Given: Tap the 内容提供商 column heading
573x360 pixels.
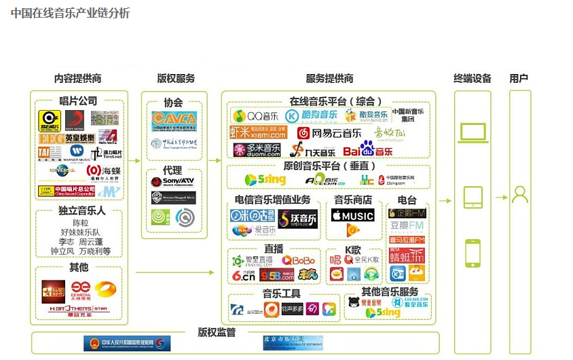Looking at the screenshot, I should [x=77, y=79].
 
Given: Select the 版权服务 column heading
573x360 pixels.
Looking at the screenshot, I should [x=176, y=79].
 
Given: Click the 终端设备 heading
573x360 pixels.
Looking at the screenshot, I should [x=473, y=79].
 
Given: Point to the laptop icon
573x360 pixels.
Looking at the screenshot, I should [x=473, y=133].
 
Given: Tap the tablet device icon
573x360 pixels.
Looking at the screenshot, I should [x=473, y=198].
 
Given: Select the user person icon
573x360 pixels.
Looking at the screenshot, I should [x=520, y=196].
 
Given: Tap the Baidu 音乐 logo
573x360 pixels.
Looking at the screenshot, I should [x=367, y=149].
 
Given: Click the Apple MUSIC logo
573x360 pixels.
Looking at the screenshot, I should [x=352, y=216].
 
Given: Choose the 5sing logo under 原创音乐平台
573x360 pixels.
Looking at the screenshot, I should [x=265, y=180].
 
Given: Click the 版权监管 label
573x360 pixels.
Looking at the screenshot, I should [x=217, y=333].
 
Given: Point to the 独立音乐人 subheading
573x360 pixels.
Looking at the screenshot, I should [x=80, y=211].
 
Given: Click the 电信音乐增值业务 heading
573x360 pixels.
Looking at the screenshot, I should [x=272, y=200].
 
